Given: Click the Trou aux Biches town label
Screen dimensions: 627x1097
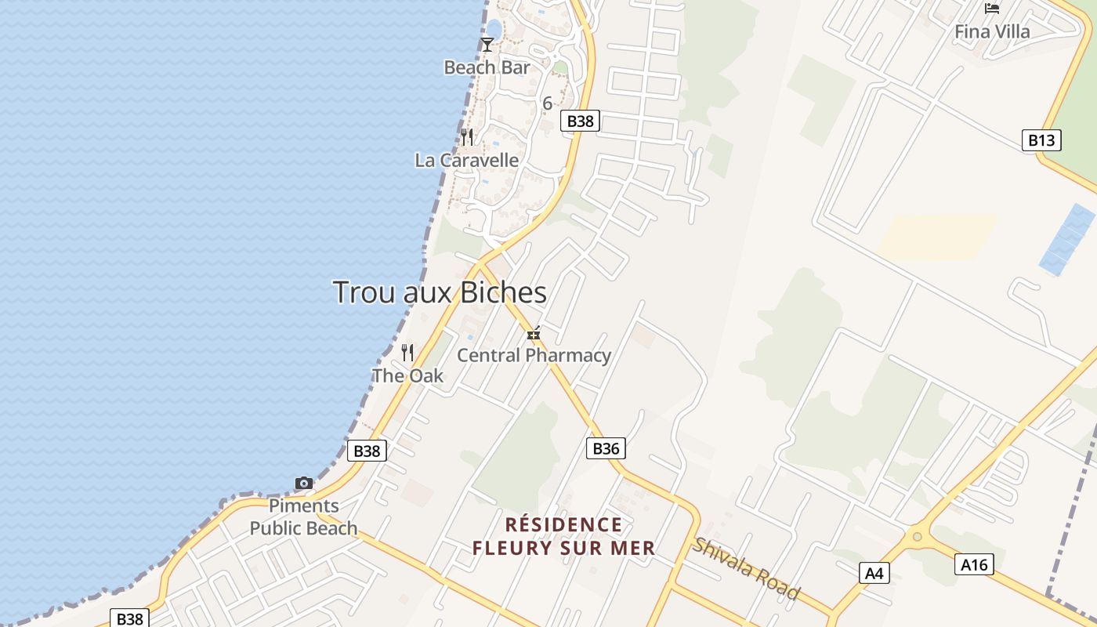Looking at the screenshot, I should [x=440, y=292].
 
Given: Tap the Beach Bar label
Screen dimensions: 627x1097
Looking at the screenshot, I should [x=487, y=67].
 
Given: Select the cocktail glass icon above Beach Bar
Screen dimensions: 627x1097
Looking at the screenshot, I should [x=487, y=45].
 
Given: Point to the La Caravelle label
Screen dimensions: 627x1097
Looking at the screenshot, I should [x=466, y=160].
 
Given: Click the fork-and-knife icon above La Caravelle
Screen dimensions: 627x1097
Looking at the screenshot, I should [x=467, y=137].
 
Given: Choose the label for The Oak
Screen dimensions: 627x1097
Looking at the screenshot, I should [x=407, y=376].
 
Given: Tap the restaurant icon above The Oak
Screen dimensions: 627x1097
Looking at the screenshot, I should [x=407, y=353].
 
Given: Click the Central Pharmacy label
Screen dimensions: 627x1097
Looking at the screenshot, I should [x=534, y=355].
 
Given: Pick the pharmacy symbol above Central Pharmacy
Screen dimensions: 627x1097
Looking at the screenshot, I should [x=534, y=335].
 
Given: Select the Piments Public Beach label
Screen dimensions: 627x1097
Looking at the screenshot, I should [x=303, y=516].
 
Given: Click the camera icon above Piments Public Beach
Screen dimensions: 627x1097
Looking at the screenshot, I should [x=304, y=483].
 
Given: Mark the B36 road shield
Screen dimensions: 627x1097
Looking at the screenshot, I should [x=606, y=448].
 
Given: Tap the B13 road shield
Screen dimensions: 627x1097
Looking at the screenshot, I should [x=1041, y=140].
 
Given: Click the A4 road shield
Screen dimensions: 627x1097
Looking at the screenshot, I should [x=874, y=573].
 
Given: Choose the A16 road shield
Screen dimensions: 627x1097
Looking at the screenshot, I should [x=974, y=564].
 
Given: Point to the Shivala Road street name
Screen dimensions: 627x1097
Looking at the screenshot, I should [x=746, y=568].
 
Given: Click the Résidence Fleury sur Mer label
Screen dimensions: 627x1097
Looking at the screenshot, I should [x=563, y=536].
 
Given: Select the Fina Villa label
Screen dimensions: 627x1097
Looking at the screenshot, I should [x=992, y=32].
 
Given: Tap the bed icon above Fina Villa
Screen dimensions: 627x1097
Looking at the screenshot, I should [x=992, y=9].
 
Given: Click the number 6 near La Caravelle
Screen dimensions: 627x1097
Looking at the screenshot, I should [x=547, y=103].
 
